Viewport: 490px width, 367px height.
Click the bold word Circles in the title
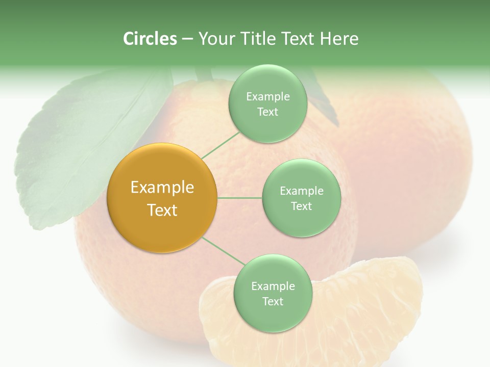(150, 39)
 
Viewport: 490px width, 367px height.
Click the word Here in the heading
(339, 39)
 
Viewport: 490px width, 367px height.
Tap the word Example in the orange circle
(162, 188)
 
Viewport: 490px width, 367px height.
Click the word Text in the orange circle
(162, 210)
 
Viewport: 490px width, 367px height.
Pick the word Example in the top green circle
(267, 97)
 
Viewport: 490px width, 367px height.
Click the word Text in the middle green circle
(301, 206)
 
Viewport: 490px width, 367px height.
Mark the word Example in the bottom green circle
(273, 286)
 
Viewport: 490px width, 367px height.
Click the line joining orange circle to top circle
(220, 144)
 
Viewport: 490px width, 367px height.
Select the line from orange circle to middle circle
(240, 198)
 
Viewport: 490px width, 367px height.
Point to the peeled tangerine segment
(357, 316)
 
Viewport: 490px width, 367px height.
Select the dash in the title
(187, 39)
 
